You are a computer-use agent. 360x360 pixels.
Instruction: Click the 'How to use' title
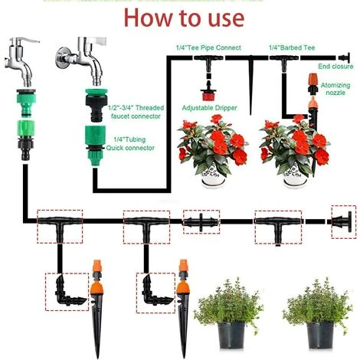coord(184,18)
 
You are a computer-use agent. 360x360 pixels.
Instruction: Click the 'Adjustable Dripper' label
coord(209,108)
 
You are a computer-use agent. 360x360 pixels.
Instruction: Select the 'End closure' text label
coord(335,67)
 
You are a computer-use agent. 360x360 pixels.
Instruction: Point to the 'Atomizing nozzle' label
coord(335,89)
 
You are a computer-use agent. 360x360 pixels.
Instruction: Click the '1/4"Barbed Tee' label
coord(292,47)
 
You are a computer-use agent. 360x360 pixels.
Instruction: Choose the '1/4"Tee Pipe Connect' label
coord(208,47)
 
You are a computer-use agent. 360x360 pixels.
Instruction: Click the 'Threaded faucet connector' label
coord(136,112)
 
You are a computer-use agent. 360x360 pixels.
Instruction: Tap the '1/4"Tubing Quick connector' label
coord(130,143)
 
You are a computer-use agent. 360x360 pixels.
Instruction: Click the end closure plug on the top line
coord(345,57)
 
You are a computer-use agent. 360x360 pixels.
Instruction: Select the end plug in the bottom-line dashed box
coord(342,221)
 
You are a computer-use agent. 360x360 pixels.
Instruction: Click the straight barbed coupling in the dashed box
coord(201,221)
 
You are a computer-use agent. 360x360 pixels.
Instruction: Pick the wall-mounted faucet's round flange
coord(63,57)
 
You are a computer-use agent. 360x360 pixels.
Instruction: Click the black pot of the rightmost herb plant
coord(320,335)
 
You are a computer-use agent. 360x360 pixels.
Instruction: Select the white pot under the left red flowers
coord(214,177)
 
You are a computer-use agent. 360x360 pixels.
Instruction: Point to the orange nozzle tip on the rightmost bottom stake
coord(183,265)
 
